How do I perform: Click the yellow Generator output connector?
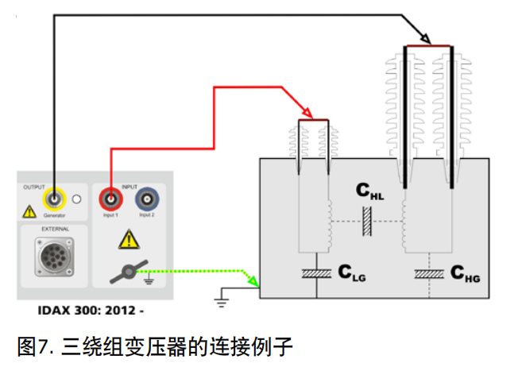click(x=53, y=198)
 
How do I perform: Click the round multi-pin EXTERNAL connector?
click(x=53, y=256)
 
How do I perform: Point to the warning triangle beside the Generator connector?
click(x=29, y=212)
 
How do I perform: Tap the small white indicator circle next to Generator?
click(x=77, y=199)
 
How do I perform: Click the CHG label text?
click(x=465, y=274)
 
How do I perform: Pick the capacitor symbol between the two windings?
click(x=367, y=221)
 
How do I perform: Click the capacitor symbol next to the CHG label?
click(x=429, y=274)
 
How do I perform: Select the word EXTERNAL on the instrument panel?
click(x=54, y=230)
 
